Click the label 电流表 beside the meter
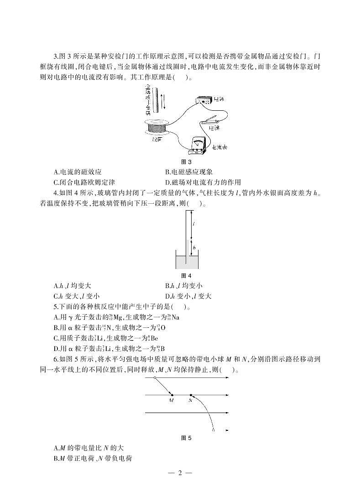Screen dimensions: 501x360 (x=220, y=148)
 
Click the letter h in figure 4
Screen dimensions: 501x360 (x=194, y=248)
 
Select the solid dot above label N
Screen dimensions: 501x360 (x=191, y=395)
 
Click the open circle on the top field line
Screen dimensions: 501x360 (x=155, y=378)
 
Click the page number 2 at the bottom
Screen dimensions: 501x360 (x=180, y=473)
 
